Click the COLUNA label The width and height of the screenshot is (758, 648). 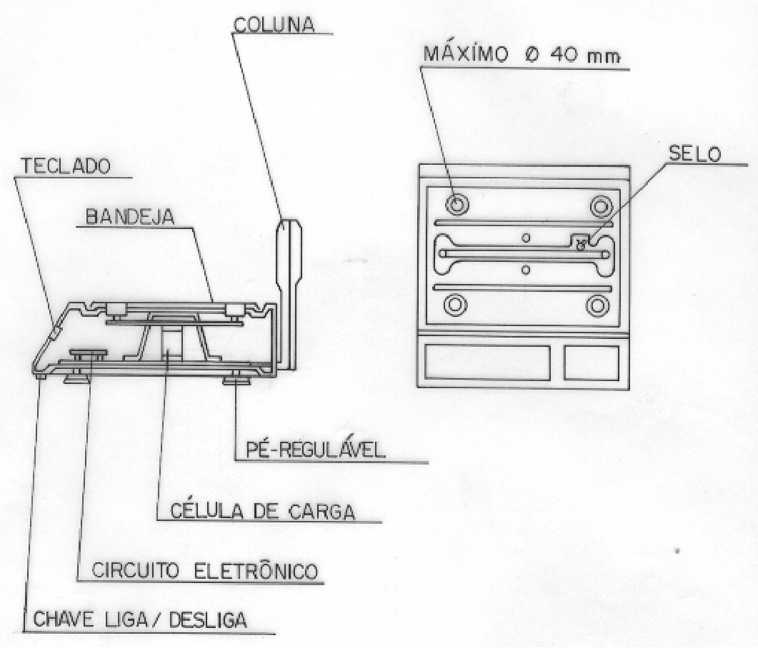click(x=274, y=25)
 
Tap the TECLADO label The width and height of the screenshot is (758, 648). click(x=65, y=166)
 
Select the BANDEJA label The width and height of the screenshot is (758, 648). click(x=129, y=217)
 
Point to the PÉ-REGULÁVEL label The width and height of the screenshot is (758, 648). click(x=316, y=450)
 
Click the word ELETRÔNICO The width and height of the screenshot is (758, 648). click(x=256, y=570)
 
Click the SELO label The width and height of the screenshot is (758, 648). click(x=694, y=154)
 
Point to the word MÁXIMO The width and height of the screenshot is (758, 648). click(x=466, y=54)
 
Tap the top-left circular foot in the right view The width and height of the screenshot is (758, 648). click(x=457, y=204)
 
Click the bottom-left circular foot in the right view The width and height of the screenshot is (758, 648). click(x=455, y=305)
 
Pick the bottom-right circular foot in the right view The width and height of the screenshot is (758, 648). click(x=597, y=305)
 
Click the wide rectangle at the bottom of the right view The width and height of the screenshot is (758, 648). click(x=488, y=362)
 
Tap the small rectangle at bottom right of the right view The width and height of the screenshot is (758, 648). click(x=592, y=362)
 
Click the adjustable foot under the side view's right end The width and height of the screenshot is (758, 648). click(x=237, y=380)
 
